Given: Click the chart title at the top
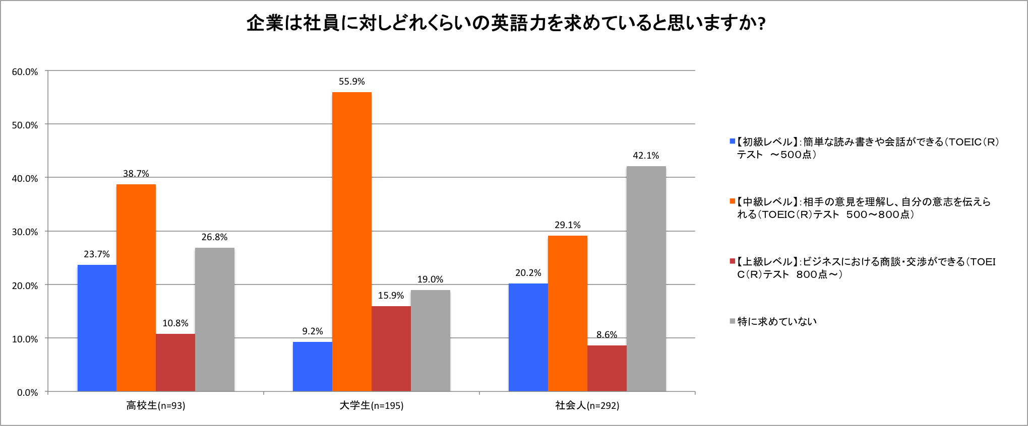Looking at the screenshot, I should [506, 24].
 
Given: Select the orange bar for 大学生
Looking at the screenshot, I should [352, 242].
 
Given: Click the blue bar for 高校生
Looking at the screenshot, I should [97, 328].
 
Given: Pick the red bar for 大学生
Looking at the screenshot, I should [391, 348].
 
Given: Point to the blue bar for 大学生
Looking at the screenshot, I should [313, 367].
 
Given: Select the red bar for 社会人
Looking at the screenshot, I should [607, 368].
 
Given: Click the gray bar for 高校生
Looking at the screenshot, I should [215, 319].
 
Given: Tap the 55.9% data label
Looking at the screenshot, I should [352, 82].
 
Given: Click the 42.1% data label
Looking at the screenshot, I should [646, 156].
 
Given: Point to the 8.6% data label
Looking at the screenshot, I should [607, 335].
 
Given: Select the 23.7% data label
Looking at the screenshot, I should [97, 254].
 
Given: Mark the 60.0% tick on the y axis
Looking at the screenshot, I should [25, 72].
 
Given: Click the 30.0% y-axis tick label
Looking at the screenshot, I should [25, 232].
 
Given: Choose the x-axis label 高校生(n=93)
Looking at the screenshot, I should [156, 405].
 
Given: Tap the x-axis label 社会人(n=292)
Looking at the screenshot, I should [587, 405].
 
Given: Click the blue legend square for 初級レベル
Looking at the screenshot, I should [733, 141].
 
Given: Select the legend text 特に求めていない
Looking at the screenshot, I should [777, 321].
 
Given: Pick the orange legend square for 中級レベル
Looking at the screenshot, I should [733, 201].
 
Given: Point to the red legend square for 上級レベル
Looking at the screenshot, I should [733, 261].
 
